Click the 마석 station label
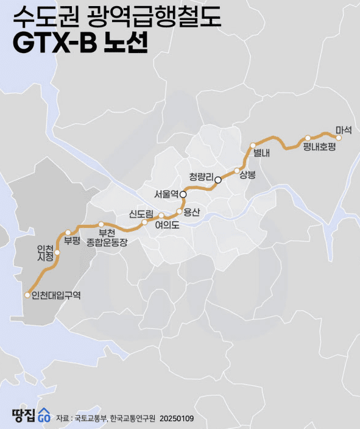coord(345,130)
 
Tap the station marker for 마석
coord(339,138)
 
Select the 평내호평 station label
coord(320,147)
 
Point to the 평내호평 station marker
coord(308,138)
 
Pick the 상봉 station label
coord(248,175)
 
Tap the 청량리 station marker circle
coord(218,180)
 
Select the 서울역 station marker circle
coord(183,194)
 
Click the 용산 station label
coord(191,212)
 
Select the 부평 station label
coord(72,240)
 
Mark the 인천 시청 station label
coord(45,252)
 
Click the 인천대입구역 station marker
coord(27,295)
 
